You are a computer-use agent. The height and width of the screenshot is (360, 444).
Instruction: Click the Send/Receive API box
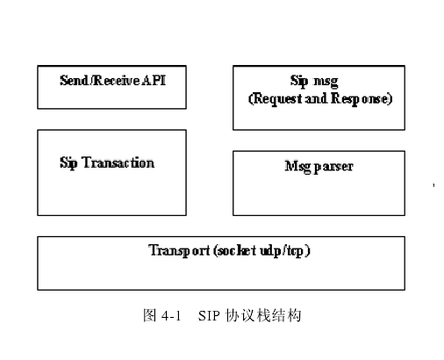pos(111,86)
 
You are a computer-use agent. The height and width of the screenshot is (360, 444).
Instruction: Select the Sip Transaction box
pos(111,172)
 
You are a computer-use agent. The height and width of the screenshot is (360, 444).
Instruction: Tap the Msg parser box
pos(319,183)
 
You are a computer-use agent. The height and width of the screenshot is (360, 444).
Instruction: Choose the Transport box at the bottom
pos(221,263)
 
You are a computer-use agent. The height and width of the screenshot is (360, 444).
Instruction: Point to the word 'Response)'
pos(362,98)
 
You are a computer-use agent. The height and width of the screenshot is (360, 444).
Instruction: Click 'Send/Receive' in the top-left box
pos(97,80)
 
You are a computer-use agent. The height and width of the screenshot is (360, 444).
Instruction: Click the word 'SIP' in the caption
pos(209,315)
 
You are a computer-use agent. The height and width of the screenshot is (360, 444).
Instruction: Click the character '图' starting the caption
pos(149,315)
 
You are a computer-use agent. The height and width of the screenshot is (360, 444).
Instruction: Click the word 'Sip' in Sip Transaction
pos(69,162)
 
